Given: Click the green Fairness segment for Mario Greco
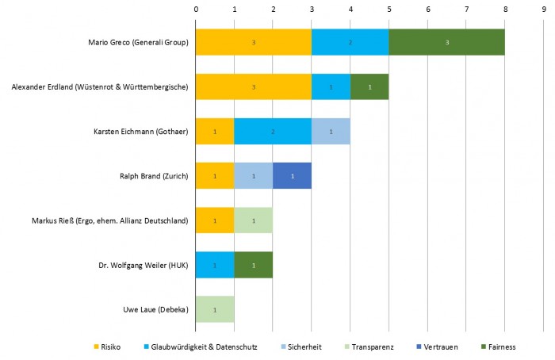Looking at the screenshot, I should [446, 42].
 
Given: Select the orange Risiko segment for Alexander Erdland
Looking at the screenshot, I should [253, 86].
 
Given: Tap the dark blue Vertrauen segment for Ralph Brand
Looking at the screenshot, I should [292, 175].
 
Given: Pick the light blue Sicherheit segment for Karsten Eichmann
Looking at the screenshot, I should [331, 131].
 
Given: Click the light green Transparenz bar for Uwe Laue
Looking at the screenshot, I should [215, 308].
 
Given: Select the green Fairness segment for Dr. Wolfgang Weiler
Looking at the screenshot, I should [253, 264].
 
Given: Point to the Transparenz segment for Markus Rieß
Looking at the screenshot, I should [253, 220].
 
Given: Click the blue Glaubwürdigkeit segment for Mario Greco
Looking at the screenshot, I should [350, 42].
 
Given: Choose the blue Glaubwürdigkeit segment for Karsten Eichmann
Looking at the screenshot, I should [273, 131].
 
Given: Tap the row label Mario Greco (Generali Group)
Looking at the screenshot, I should [140, 42].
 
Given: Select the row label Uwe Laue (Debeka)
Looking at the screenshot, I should [158, 308].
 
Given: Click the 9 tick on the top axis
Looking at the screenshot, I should [543, 9].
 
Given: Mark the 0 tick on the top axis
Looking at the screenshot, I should [196, 9].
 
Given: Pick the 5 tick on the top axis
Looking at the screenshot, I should [388, 9].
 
